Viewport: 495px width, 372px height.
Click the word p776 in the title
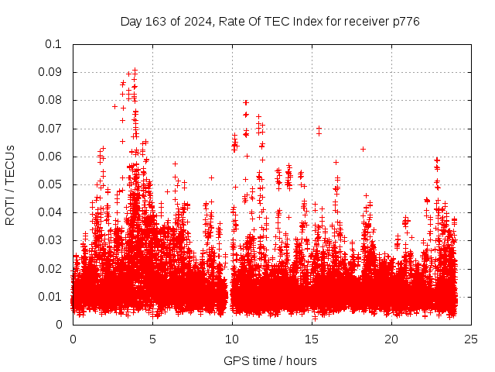coord(405,22)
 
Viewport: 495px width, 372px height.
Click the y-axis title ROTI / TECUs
coord(10,184)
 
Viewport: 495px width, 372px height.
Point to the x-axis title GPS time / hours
coord(270,361)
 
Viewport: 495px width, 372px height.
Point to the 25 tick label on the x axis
coord(471,339)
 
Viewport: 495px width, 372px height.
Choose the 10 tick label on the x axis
coord(232,339)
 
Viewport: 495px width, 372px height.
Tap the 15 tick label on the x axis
coord(312,339)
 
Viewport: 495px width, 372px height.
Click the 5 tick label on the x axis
coord(152,339)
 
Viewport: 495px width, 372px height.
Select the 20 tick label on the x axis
coord(391,339)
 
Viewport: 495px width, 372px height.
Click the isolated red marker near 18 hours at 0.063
coord(363,149)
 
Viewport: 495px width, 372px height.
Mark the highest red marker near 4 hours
coord(135,71)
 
